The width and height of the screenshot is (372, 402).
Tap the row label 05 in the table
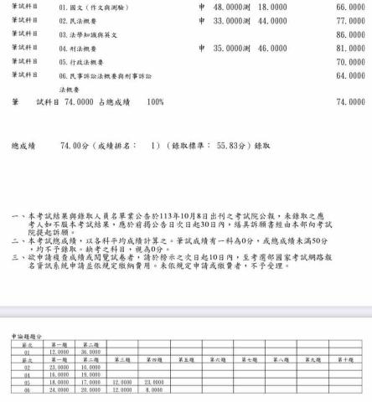click(27, 382)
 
